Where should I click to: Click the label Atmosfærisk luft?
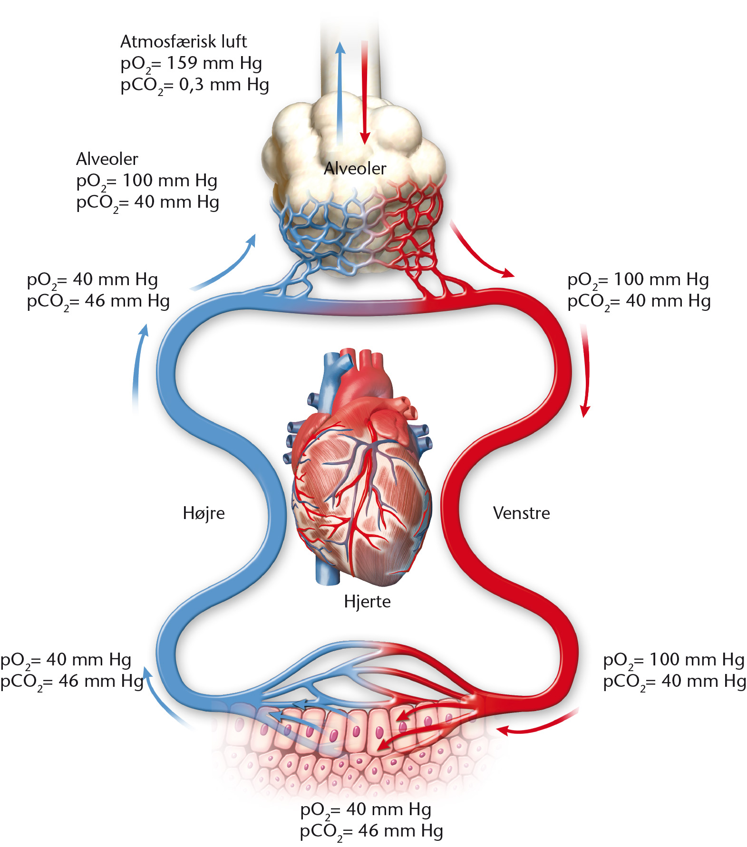point(184,42)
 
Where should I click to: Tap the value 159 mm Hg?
point(214,63)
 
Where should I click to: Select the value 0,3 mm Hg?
point(224,85)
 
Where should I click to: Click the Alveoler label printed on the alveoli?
point(355,168)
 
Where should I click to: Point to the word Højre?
point(204,513)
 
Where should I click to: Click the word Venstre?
point(521,513)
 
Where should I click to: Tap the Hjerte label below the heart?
point(367,602)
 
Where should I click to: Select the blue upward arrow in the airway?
point(340,93)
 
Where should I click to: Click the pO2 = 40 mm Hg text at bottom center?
point(366,809)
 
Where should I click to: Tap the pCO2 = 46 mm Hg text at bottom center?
point(371,831)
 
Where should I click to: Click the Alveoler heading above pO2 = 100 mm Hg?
point(107,159)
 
